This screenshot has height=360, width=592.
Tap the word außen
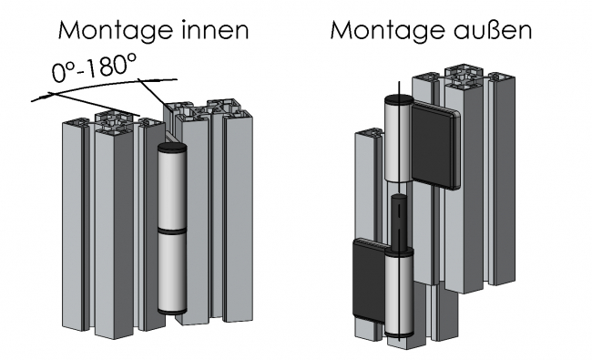(493, 29)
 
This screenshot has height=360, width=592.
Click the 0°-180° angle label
(94, 67)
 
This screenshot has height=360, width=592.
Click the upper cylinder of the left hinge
(172, 188)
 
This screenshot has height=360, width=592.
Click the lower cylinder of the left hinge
(172, 272)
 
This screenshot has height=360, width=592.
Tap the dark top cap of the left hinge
(172, 148)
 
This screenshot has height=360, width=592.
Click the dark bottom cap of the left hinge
(172, 312)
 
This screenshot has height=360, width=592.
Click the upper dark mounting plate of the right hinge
(435, 147)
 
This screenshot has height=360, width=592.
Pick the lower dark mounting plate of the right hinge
(369, 279)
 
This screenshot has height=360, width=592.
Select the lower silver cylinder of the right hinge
(399, 292)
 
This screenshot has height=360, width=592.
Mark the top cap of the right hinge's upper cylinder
(399, 99)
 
